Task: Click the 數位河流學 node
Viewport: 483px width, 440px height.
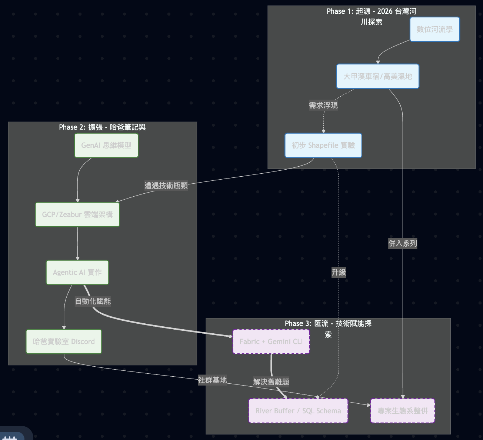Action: pos(434,29)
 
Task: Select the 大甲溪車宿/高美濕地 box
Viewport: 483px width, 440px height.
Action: pos(377,76)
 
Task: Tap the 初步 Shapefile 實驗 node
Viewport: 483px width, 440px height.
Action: pos(323,145)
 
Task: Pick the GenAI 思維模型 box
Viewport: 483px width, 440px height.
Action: pos(106,145)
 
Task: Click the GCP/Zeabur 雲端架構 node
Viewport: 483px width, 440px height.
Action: pos(77,214)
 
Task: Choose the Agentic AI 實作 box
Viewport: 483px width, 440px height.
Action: pos(77,272)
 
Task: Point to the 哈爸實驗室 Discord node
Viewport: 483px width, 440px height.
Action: pos(64,341)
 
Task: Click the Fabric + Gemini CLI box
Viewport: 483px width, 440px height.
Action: pos(271,341)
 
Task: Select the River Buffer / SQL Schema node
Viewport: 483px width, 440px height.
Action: pos(298,411)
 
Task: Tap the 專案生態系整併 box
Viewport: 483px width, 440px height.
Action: pos(403,411)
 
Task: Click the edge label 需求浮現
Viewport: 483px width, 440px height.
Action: pos(323,106)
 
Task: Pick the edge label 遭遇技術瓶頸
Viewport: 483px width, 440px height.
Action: pos(166,186)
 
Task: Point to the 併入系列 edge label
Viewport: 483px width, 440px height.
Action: pos(403,243)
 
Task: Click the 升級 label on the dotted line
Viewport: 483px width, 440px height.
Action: pos(339,272)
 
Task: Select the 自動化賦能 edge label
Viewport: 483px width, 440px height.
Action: pos(93,301)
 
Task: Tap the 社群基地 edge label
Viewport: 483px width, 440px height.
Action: pos(212,380)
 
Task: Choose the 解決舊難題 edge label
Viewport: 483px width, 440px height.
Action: pos(271,382)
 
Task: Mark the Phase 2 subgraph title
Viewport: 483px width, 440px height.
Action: pos(102,127)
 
